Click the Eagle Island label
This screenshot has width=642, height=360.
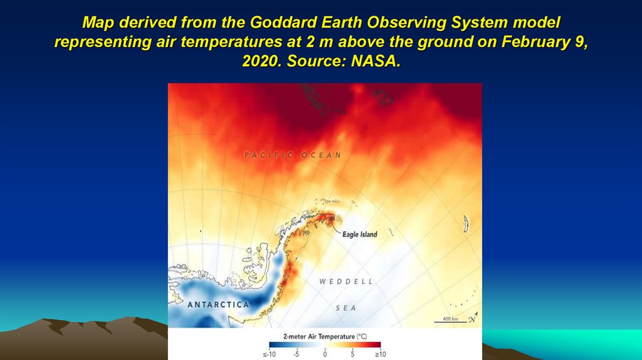pyautogui.click(x=360, y=235)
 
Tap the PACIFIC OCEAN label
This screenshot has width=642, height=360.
pyautogui.click(x=293, y=155)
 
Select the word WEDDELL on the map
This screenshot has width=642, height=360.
pyautogui.click(x=346, y=282)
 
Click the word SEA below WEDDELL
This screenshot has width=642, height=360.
pyautogui.click(x=345, y=308)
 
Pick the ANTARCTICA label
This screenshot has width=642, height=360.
pyautogui.click(x=218, y=305)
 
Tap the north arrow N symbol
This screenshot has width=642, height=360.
pyautogui.click(x=472, y=319)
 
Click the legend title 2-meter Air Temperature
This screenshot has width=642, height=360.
pyautogui.click(x=325, y=337)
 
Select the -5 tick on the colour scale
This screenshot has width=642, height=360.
pyautogui.click(x=296, y=354)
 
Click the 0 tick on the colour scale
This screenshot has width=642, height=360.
pyautogui.click(x=325, y=354)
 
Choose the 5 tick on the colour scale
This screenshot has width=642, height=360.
pyautogui.click(x=353, y=354)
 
